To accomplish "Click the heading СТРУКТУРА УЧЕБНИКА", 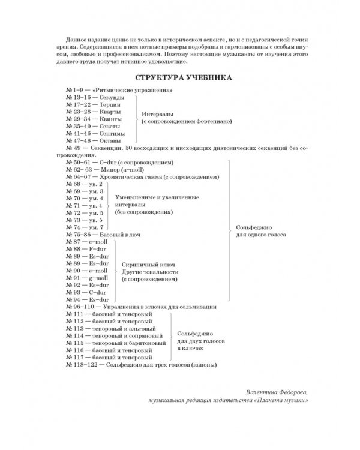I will click(x=179, y=78).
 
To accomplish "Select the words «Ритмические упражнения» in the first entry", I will click(x=131, y=90).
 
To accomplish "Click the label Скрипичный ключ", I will click(x=143, y=263).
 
